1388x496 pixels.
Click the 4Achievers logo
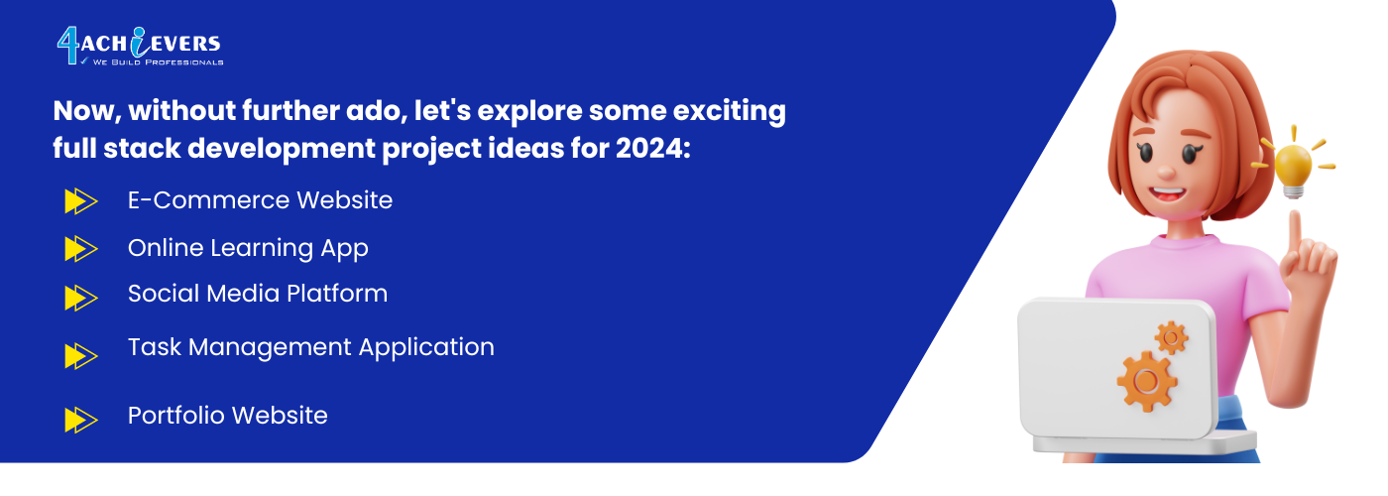click(140, 46)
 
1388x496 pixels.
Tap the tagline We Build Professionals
click(158, 62)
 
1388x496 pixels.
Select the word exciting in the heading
click(730, 111)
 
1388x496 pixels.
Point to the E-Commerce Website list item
click(260, 200)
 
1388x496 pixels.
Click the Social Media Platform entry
click(258, 294)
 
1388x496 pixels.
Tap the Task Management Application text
click(311, 348)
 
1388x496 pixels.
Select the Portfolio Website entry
click(227, 416)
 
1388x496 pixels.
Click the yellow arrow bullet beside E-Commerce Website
click(81, 200)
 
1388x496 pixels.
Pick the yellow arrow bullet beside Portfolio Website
click(81, 420)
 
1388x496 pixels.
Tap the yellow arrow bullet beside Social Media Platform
click(81, 298)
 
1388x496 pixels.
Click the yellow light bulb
click(1293, 168)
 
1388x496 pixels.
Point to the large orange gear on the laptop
click(1146, 381)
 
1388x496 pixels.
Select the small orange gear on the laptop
click(1171, 338)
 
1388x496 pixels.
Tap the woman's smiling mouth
click(1167, 196)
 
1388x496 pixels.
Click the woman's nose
click(1166, 170)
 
